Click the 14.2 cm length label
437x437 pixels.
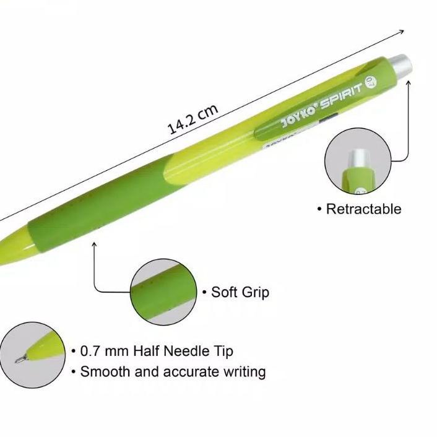pos(193,119)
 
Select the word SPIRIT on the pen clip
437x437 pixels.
pos(342,95)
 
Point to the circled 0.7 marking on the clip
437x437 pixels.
pos(373,82)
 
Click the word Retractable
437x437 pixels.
pos(364,209)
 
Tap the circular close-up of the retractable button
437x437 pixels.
pos(358,161)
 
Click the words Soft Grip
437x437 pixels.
pos(240,292)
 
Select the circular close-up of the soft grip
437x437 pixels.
pos(164,292)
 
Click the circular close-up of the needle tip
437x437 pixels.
pos(32,355)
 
